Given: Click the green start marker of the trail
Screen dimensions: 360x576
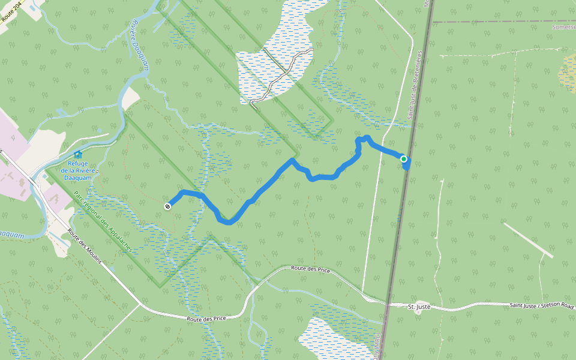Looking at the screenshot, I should [x=404, y=159].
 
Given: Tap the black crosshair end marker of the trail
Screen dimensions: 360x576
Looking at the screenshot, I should [x=167, y=206].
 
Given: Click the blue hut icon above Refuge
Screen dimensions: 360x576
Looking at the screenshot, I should [x=78, y=155].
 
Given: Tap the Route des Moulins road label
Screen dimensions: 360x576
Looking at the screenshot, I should [x=85, y=247].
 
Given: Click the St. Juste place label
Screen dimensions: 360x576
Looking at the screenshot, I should [x=419, y=307].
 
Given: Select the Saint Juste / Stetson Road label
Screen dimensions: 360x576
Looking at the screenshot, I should [x=541, y=306].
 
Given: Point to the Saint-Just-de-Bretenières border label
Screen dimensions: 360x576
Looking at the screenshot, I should [x=415, y=84].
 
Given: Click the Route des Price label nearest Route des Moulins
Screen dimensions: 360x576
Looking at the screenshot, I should [x=206, y=319].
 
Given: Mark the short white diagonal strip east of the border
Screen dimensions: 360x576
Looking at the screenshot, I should [x=528, y=240].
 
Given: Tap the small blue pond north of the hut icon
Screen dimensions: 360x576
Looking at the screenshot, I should [x=61, y=112].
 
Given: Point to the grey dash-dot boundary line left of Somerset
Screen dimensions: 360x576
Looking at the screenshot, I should [x=492, y=22].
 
